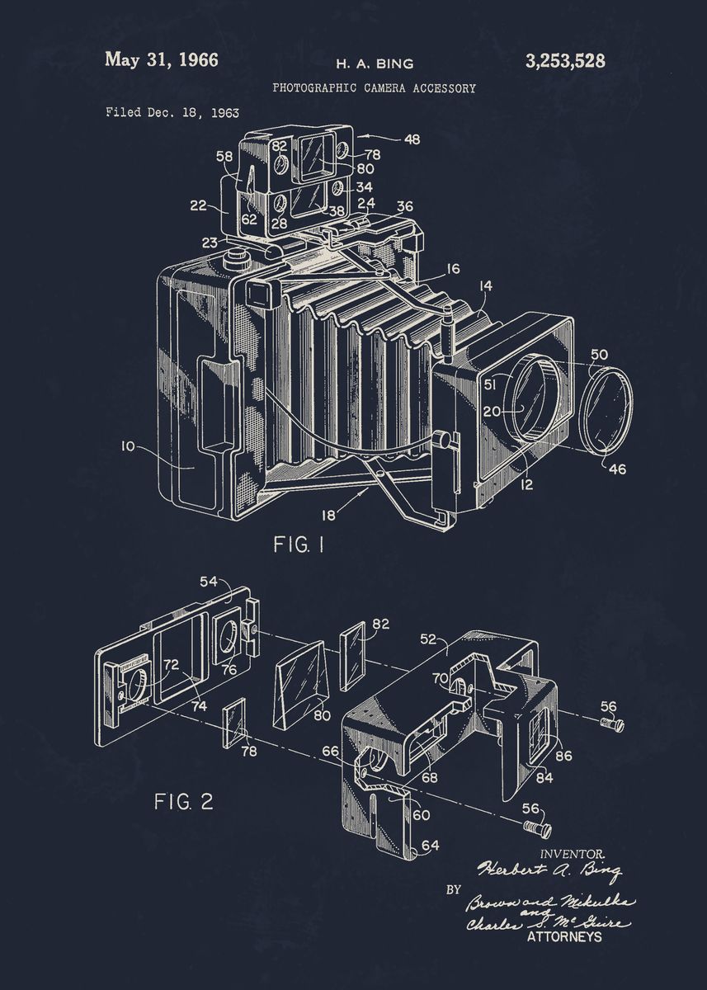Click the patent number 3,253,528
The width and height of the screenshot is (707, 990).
[564, 60]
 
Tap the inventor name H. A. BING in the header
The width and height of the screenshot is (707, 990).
[374, 64]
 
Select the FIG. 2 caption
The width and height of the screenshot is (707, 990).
[184, 801]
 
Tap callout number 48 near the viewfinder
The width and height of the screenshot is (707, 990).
[411, 139]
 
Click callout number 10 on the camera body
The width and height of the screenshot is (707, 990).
[127, 446]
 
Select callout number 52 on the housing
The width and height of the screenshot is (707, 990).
[429, 638]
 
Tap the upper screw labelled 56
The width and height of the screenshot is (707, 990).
[612, 724]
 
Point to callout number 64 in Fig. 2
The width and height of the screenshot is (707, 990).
[429, 845]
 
